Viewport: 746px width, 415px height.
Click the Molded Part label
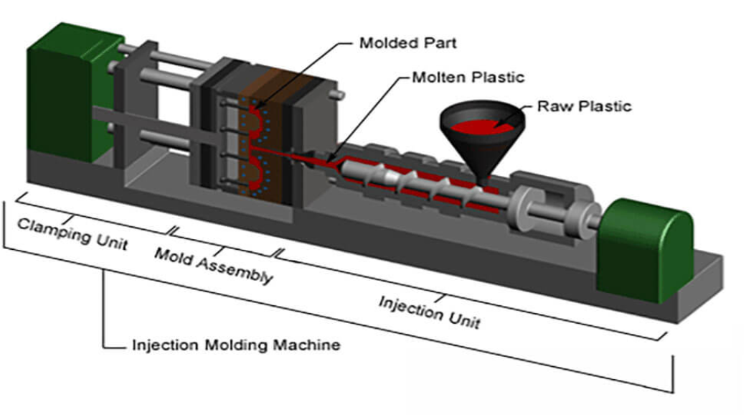point(407,42)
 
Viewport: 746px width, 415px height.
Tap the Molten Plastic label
point(468,76)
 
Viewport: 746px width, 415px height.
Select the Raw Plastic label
point(584,106)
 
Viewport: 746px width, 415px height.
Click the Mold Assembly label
point(214,265)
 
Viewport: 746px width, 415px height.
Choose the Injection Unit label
point(429,311)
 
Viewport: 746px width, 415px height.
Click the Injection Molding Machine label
point(236,345)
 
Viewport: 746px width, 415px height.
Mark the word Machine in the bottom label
point(310,345)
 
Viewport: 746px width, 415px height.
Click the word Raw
point(549,106)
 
